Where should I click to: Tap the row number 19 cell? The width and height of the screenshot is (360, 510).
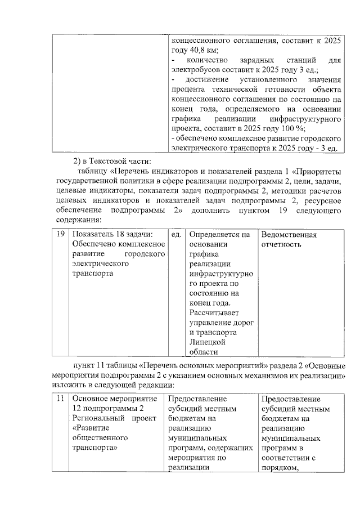(x=60, y=235)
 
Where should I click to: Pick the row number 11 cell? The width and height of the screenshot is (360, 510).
(x=60, y=399)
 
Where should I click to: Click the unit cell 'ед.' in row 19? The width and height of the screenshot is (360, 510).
(x=176, y=235)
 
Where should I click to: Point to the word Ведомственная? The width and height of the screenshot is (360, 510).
(x=288, y=235)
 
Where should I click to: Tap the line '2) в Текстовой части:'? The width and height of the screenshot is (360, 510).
(x=107, y=162)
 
